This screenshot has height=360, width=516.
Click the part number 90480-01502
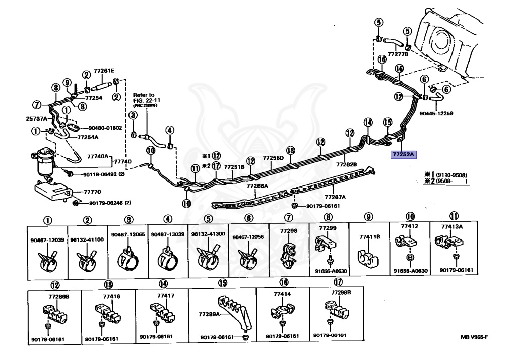click(105, 128)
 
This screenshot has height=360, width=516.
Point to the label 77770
click(92, 192)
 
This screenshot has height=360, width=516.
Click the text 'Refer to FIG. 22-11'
click(144, 98)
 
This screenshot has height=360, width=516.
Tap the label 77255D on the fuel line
click(273, 158)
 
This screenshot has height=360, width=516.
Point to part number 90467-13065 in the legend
click(128, 235)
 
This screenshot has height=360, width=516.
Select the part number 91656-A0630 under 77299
click(330, 271)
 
